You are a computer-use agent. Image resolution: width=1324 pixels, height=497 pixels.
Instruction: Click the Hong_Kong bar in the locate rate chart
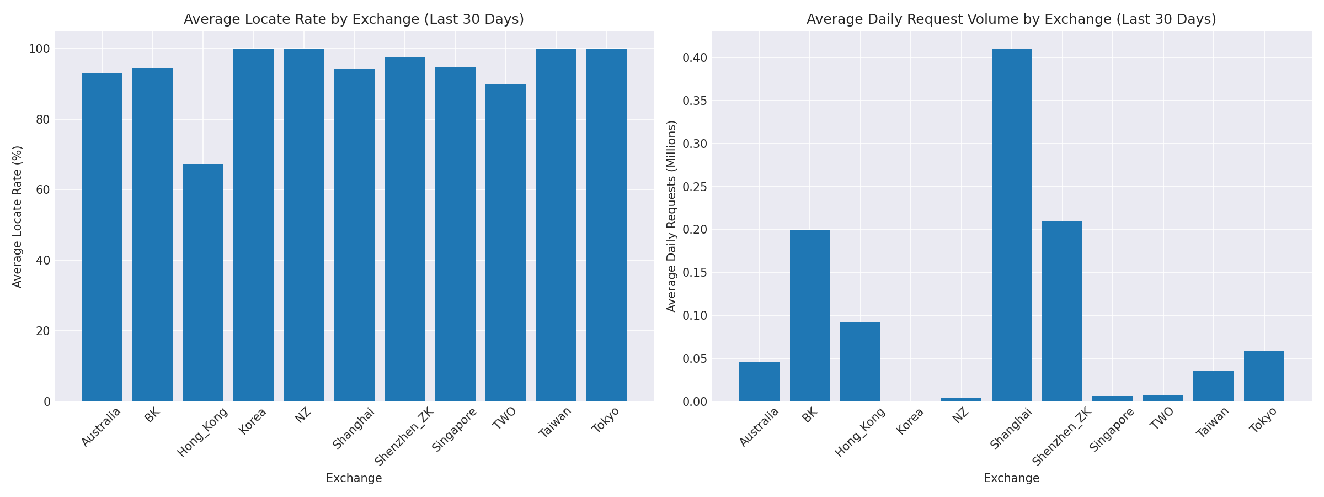tap(202, 283)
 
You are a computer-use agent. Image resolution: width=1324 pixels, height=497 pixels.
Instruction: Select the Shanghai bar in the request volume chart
tap(1012, 225)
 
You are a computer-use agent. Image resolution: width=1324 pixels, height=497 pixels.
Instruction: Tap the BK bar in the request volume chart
tap(810, 315)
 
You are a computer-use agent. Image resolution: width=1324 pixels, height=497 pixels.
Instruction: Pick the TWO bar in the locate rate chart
tap(505, 243)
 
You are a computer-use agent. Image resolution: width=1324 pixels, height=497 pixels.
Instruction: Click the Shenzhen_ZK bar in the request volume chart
tap(1062, 311)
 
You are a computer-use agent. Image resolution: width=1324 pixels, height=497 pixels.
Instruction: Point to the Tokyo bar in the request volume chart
tap(1264, 376)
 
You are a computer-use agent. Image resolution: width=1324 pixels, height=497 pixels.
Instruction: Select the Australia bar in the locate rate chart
tap(102, 237)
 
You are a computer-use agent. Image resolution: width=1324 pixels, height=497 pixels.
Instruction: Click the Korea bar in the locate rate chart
tap(253, 225)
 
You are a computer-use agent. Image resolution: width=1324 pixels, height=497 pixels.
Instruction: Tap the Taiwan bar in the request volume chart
tap(1214, 386)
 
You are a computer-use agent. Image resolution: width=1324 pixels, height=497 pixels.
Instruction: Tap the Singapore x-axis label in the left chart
tap(455, 430)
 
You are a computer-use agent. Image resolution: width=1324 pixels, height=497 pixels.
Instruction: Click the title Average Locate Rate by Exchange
tap(354, 19)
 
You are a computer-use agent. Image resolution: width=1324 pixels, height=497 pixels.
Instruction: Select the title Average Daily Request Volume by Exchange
tap(1011, 19)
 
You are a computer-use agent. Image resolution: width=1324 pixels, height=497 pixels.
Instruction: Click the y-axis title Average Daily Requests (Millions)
tap(671, 216)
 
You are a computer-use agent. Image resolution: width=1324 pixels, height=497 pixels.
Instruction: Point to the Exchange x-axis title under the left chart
tap(354, 478)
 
